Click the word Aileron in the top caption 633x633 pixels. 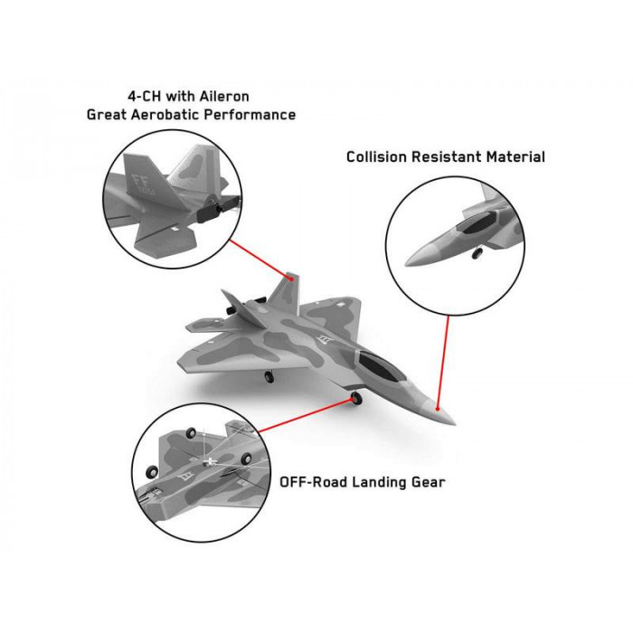pos(223,97)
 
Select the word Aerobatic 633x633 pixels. pos(165,115)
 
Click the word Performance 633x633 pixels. pos(250,115)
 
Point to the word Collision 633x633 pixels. pos(377,156)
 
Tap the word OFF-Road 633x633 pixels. pos(313,482)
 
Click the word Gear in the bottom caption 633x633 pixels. pos(429,482)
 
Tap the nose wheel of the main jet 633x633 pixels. pos(356,398)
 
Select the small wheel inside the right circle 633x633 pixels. pos(477,253)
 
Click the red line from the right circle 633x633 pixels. pos(443,363)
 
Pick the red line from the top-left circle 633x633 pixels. pos(261,260)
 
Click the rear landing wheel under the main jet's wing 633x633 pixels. pos(269,377)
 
